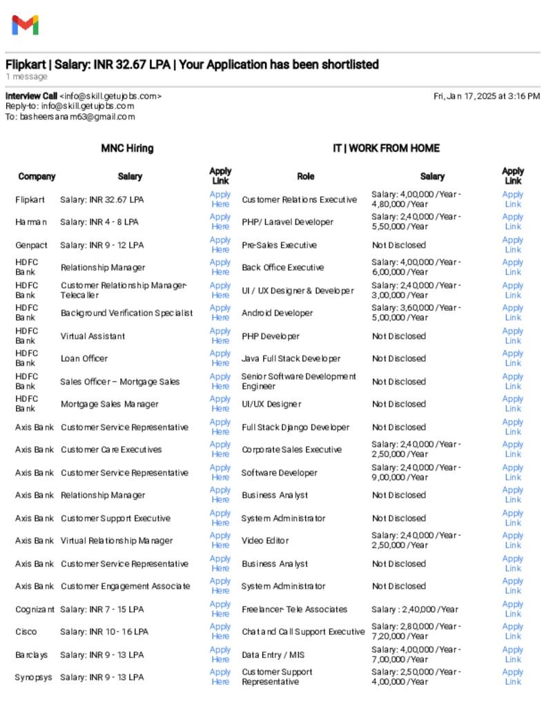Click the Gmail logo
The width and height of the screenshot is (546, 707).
tap(25, 25)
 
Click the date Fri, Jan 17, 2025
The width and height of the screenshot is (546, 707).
tap(487, 96)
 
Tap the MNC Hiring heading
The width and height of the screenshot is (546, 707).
tap(127, 148)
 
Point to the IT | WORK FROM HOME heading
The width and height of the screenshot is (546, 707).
tap(386, 148)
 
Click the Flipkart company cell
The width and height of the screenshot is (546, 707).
tap(30, 200)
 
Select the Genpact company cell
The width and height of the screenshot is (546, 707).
tap(31, 245)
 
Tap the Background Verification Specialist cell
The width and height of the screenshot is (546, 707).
tap(126, 313)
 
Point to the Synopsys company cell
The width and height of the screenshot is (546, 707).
tap(33, 677)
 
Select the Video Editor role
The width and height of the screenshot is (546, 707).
tap(265, 541)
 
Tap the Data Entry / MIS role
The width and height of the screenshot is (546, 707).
tap(273, 655)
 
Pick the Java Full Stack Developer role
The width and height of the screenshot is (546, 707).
tap(291, 358)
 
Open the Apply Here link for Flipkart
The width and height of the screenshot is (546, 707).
tap(220, 200)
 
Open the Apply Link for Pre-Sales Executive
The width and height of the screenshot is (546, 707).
tap(513, 245)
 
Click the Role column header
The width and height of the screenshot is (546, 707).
tap(305, 176)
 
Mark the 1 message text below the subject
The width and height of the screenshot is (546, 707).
tap(26, 77)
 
